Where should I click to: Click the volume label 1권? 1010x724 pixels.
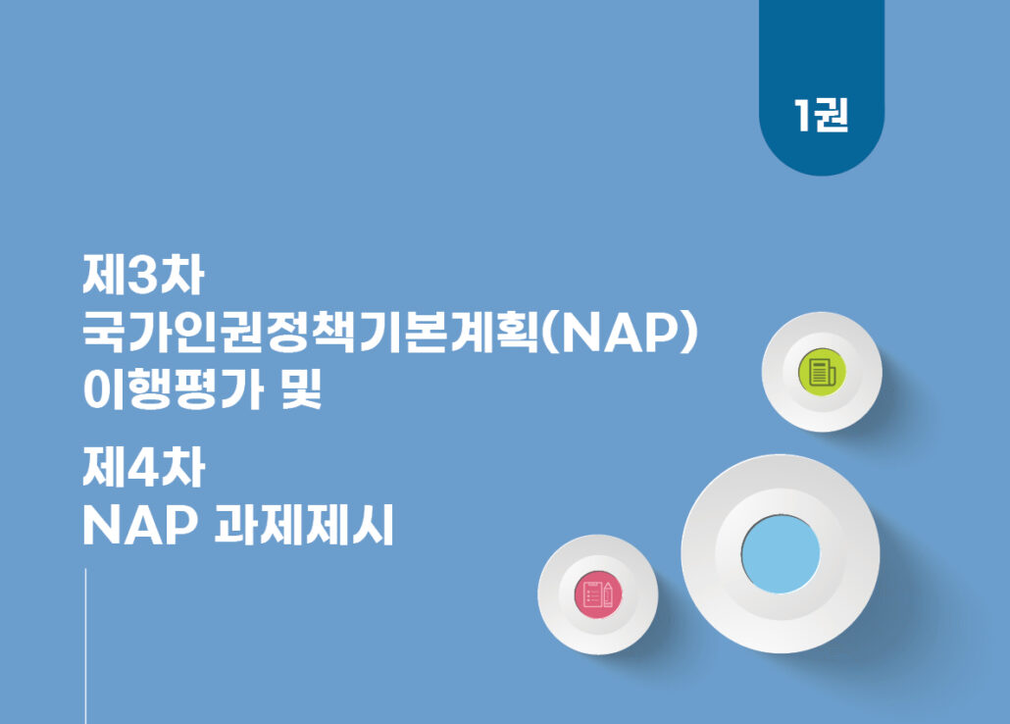pyautogui.click(x=822, y=116)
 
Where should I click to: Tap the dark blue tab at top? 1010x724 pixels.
pyautogui.click(x=822, y=83)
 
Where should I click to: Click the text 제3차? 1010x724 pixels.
pyautogui.click(x=143, y=276)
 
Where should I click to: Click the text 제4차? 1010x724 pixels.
pyautogui.click(x=143, y=467)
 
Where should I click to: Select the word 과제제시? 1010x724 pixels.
pyautogui.click(x=303, y=525)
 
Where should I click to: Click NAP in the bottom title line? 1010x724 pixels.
pyautogui.click(x=140, y=526)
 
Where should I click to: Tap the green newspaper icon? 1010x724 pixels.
pyautogui.click(x=822, y=372)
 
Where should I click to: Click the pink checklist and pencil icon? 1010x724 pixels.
pyautogui.click(x=598, y=594)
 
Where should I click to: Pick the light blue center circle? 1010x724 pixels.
pyautogui.click(x=780, y=554)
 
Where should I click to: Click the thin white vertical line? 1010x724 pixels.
pyautogui.click(x=85, y=646)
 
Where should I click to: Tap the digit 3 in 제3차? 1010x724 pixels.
pyautogui.click(x=143, y=276)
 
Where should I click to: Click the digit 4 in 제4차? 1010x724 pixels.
pyautogui.click(x=143, y=468)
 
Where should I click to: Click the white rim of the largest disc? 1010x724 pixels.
pyautogui.click(x=699, y=554)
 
